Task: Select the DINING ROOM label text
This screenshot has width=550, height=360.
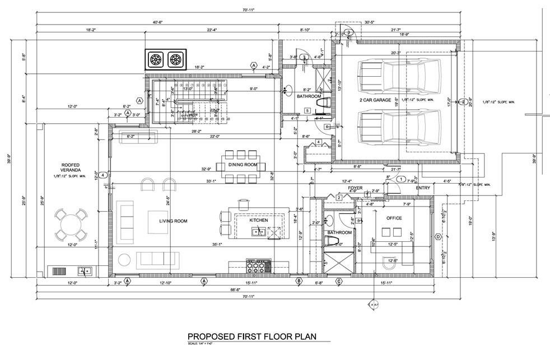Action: pos(243,165)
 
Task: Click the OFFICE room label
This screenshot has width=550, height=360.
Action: pos(394,218)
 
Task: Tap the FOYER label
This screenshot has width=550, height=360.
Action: pos(355,188)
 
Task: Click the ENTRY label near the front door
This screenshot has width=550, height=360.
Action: pos(423,188)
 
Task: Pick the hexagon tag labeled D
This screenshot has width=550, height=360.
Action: pos(438,237)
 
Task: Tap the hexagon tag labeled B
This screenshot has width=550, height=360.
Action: pos(299,280)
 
